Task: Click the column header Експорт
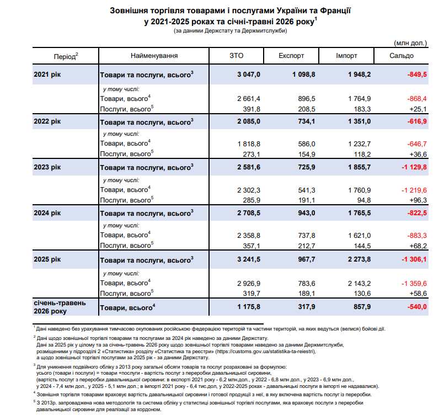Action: pyautogui.click(x=291, y=56)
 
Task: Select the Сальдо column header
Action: pyautogui.click(x=401, y=56)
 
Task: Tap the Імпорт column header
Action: pyautogui.click(x=346, y=56)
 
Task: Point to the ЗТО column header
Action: pyautogui.click(x=237, y=56)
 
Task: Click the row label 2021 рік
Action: pyautogui.click(x=47, y=75)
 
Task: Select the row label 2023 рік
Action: pyautogui.click(x=47, y=167)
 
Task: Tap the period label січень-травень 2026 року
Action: pyautogui.click(x=60, y=307)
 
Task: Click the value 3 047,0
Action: pyautogui.click(x=249, y=75)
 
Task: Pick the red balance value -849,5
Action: pyautogui.click(x=417, y=75)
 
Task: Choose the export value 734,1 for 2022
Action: pyautogui.click(x=306, y=121)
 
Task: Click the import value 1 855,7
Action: pyautogui.click(x=359, y=167)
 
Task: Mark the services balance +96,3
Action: pyautogui.click(x=418, y=200)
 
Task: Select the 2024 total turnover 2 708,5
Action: pyautogui.click(x=249, y=213)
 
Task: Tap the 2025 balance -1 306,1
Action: pyautogui.click(x=414, y=259)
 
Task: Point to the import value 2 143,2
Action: pyautogui.click(x=359, y=284)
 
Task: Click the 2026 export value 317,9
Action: pyautogui.click(x=306, y=307)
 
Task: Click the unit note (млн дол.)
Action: pyautogui.click(x=410, y=43)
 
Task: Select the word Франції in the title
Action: pyautogui.click(x=335, y=11)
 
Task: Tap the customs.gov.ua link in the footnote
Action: pyautogui.click(x=265, y=352)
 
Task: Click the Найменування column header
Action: pyautogui.click(x=154, y=56)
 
